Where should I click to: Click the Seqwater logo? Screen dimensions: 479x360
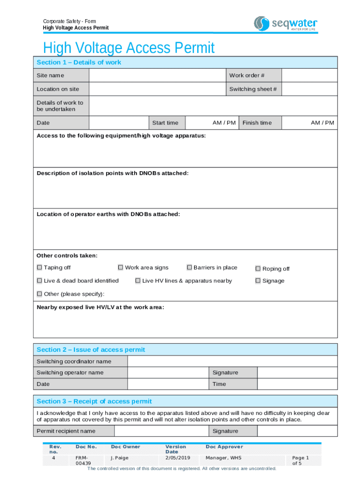[x=285, y=23]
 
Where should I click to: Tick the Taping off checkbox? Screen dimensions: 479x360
[x=39, y=268]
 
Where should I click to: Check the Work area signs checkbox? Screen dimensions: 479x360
[x=121, y=268]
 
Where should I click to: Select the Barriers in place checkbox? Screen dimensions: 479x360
[x=189, y=268]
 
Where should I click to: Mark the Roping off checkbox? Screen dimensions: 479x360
[x=258, y=269]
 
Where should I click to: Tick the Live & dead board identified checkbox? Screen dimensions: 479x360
[x=39, y=281]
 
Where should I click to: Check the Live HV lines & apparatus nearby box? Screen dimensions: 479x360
[x=138, y=281]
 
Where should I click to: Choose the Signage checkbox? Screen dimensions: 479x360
[x=258, y=281]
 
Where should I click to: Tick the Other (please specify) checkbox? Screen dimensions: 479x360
[x=39, y=294]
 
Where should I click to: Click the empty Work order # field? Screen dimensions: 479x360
[x=309, y=75]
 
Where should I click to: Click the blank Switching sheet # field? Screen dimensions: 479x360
[x=309, y=89]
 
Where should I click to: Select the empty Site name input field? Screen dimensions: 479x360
[x=157, y=75]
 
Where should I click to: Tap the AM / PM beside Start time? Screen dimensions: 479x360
[x=224, y=123]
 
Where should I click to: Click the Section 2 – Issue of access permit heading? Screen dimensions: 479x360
[x=91, y=349]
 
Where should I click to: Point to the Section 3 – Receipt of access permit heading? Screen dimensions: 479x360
[x=94, y=401]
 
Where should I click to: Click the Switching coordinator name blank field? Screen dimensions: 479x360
[x=232, y=361]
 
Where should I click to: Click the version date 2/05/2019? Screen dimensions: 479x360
[x=177, y=457]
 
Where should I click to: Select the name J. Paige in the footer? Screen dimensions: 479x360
[x=119, y=457]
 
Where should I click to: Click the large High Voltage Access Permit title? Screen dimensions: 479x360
[x=129, y=48]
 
